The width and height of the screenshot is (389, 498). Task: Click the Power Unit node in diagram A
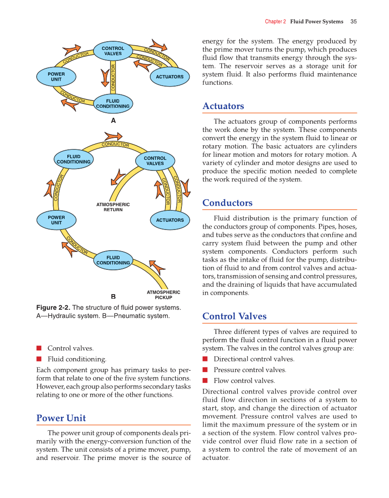56,77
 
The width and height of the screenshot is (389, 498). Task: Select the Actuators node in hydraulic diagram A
170,77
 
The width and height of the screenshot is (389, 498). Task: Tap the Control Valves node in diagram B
155,161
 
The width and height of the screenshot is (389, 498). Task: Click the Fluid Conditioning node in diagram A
113,104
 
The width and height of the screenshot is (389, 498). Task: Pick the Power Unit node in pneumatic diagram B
56,220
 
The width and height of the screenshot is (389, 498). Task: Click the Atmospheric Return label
113,207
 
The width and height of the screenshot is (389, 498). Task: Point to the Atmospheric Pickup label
163,295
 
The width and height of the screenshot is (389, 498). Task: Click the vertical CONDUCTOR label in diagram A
113,77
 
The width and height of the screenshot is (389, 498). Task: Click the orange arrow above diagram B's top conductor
113,136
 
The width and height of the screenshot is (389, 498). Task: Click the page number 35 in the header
353,22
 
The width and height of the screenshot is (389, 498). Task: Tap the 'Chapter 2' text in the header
275,22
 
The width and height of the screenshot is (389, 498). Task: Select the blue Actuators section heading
223,106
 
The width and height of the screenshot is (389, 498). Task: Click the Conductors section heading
227,203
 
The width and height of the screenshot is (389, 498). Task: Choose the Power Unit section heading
61,418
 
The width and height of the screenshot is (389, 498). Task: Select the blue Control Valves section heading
234,317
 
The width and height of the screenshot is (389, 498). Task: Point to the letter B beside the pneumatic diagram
113,296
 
